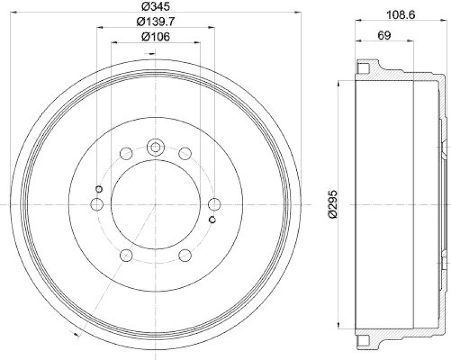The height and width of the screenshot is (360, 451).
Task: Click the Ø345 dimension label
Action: pos(155,7)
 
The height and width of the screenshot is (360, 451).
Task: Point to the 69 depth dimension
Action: pos(384,35)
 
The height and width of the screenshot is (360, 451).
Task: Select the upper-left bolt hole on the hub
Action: pos(126,153)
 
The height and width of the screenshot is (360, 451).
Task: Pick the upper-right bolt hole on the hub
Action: pos(184,153)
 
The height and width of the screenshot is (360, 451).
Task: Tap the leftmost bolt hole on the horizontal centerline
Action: pos(97,204)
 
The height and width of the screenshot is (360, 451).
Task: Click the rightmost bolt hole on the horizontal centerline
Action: pos(214,204)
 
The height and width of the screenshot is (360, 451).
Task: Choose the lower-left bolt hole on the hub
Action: pos(126,255)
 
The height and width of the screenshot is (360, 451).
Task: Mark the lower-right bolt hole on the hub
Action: pos(184,255)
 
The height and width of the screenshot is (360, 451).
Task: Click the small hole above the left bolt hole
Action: pos(99,188)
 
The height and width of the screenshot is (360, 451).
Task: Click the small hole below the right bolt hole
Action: pos(213,219)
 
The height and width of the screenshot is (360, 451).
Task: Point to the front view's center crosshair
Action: pos(155,204)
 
